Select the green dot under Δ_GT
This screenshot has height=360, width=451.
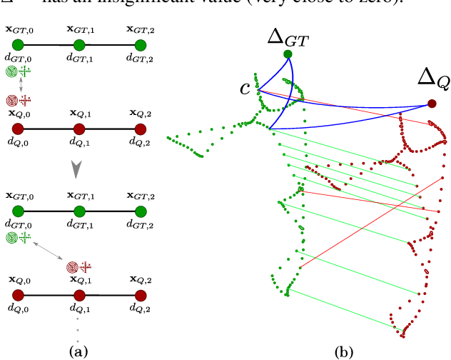[288, 54]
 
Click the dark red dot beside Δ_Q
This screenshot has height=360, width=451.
[432, 104]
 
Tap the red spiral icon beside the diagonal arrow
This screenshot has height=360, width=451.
[72, 268]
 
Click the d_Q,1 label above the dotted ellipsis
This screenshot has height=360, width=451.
[78, 309]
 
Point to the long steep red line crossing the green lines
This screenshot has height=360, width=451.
[364, 219]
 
